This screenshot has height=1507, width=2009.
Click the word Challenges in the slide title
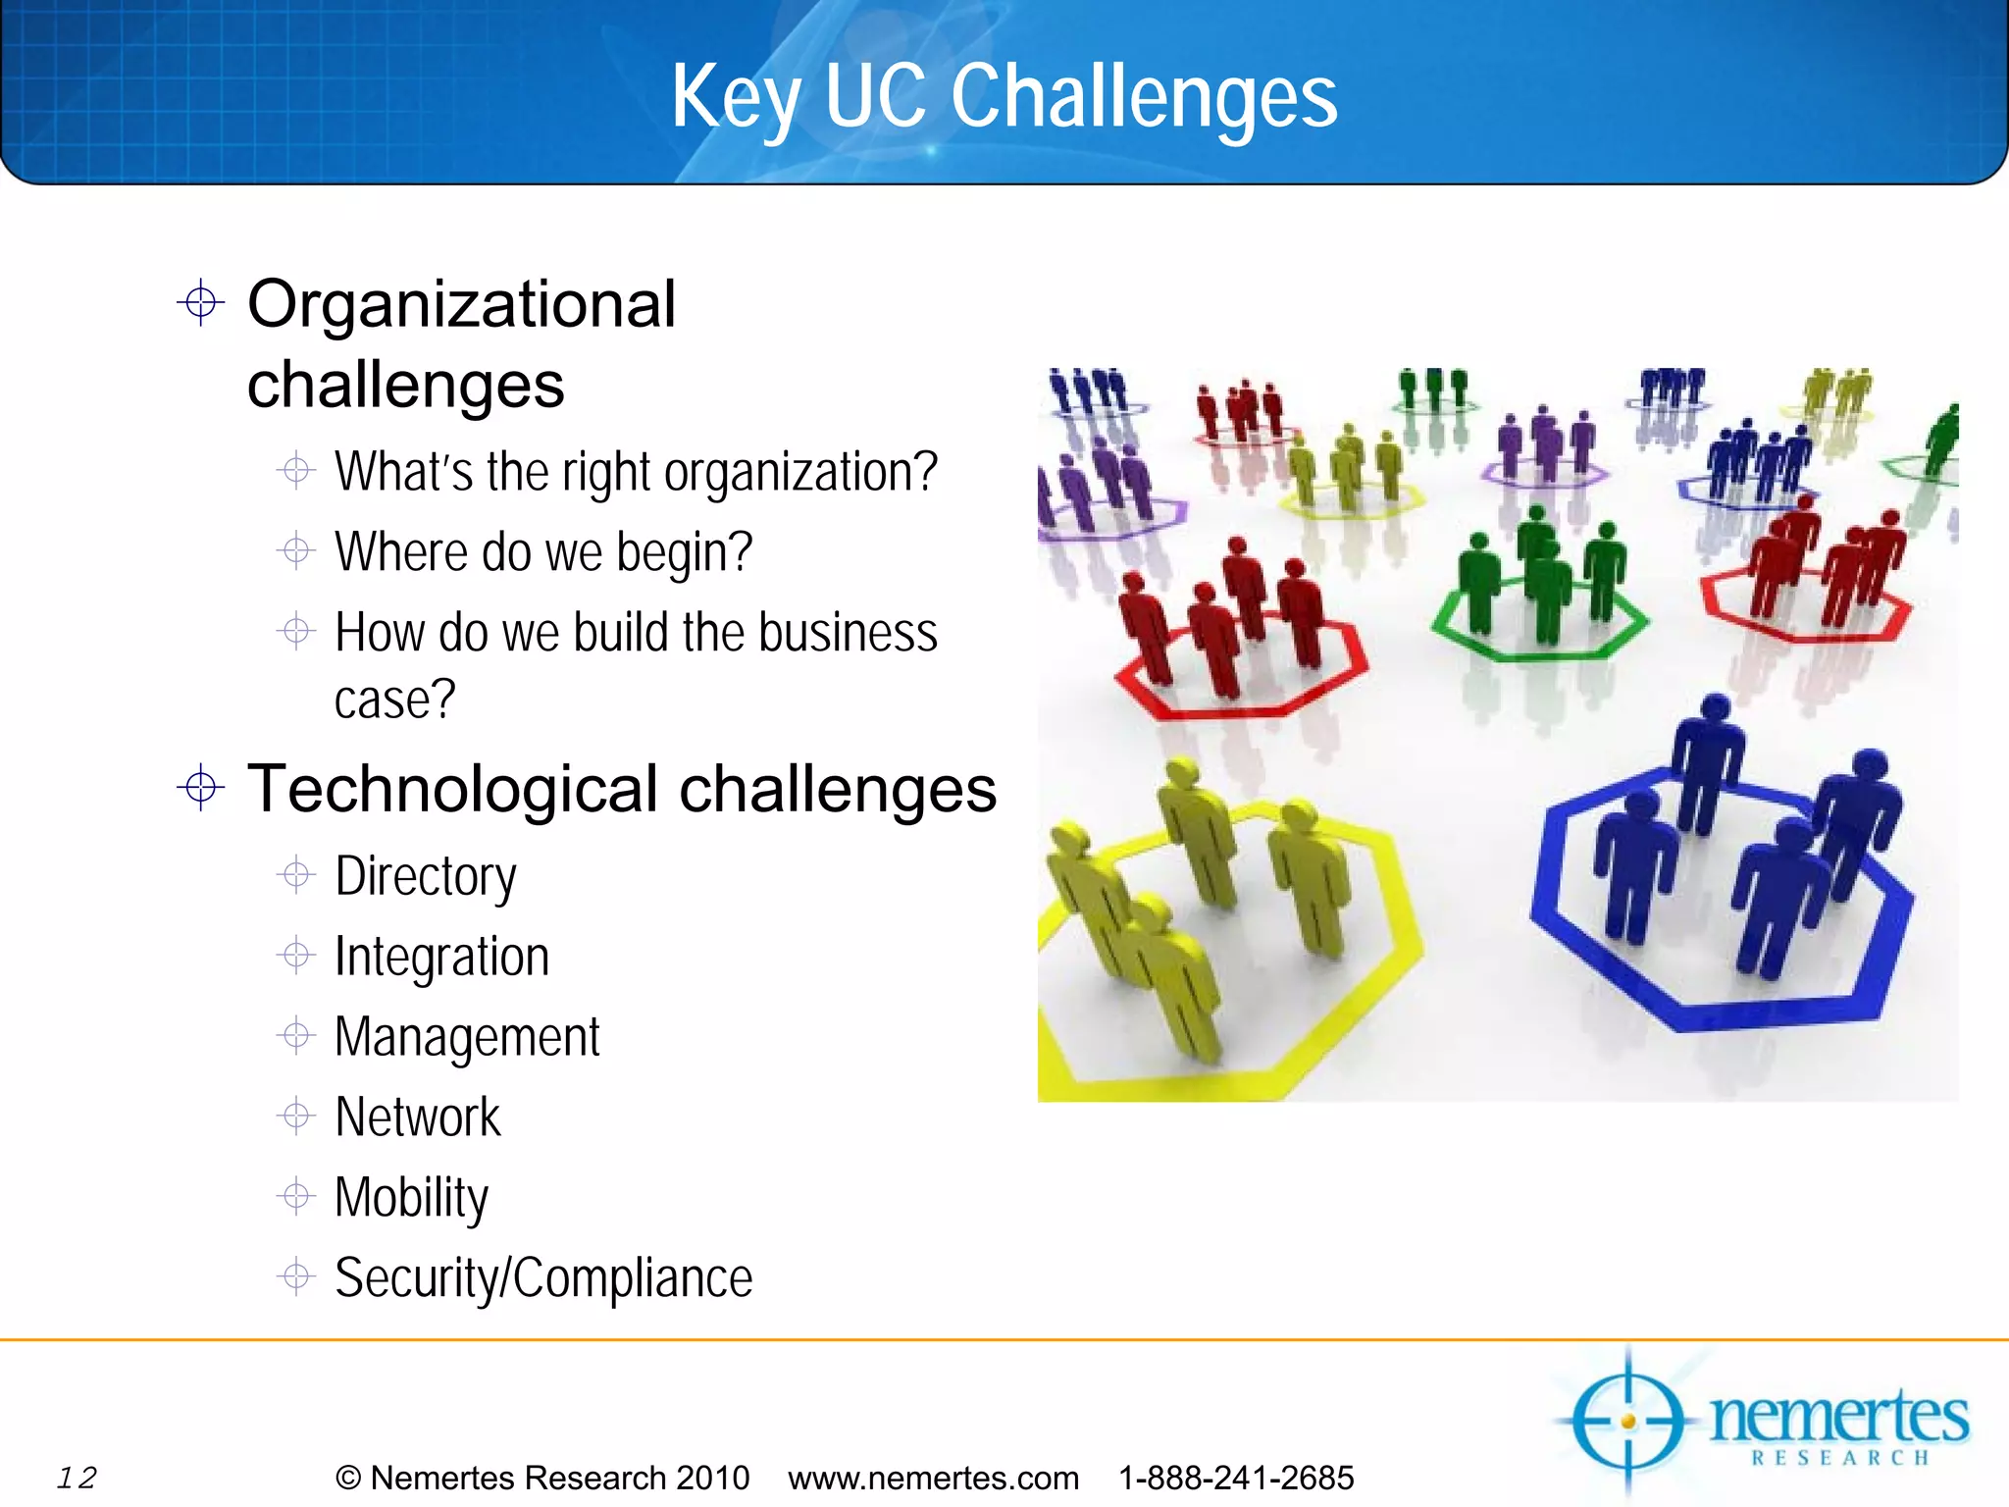(x=1144, y=96)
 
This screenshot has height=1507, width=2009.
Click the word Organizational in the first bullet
(x=461, y=304)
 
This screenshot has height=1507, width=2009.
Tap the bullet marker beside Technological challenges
(x=201, y=787)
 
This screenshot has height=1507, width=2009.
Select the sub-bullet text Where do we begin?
(x=542, y=551)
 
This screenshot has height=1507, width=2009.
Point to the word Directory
(x=425, y=876)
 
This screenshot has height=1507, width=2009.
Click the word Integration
(x=441, y=957)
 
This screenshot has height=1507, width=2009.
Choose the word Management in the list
(x=467, y=1037)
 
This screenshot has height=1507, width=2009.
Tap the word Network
(x=417, y=1117)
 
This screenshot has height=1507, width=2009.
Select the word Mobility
(x=411, y=1198)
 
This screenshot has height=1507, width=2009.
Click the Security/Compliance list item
(x=542, y=1278)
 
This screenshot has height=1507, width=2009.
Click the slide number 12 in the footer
(x=77, y=1478)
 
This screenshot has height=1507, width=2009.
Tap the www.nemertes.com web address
(x=933, y=1478)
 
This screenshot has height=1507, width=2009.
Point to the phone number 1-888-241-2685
(x=1236, y=1478)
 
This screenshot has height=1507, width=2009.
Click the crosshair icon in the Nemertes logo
(x=1628, y=1421)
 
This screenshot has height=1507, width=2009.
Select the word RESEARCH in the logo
(x=1840, y=1458)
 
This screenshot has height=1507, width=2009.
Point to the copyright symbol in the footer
(x=347, y=1478)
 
